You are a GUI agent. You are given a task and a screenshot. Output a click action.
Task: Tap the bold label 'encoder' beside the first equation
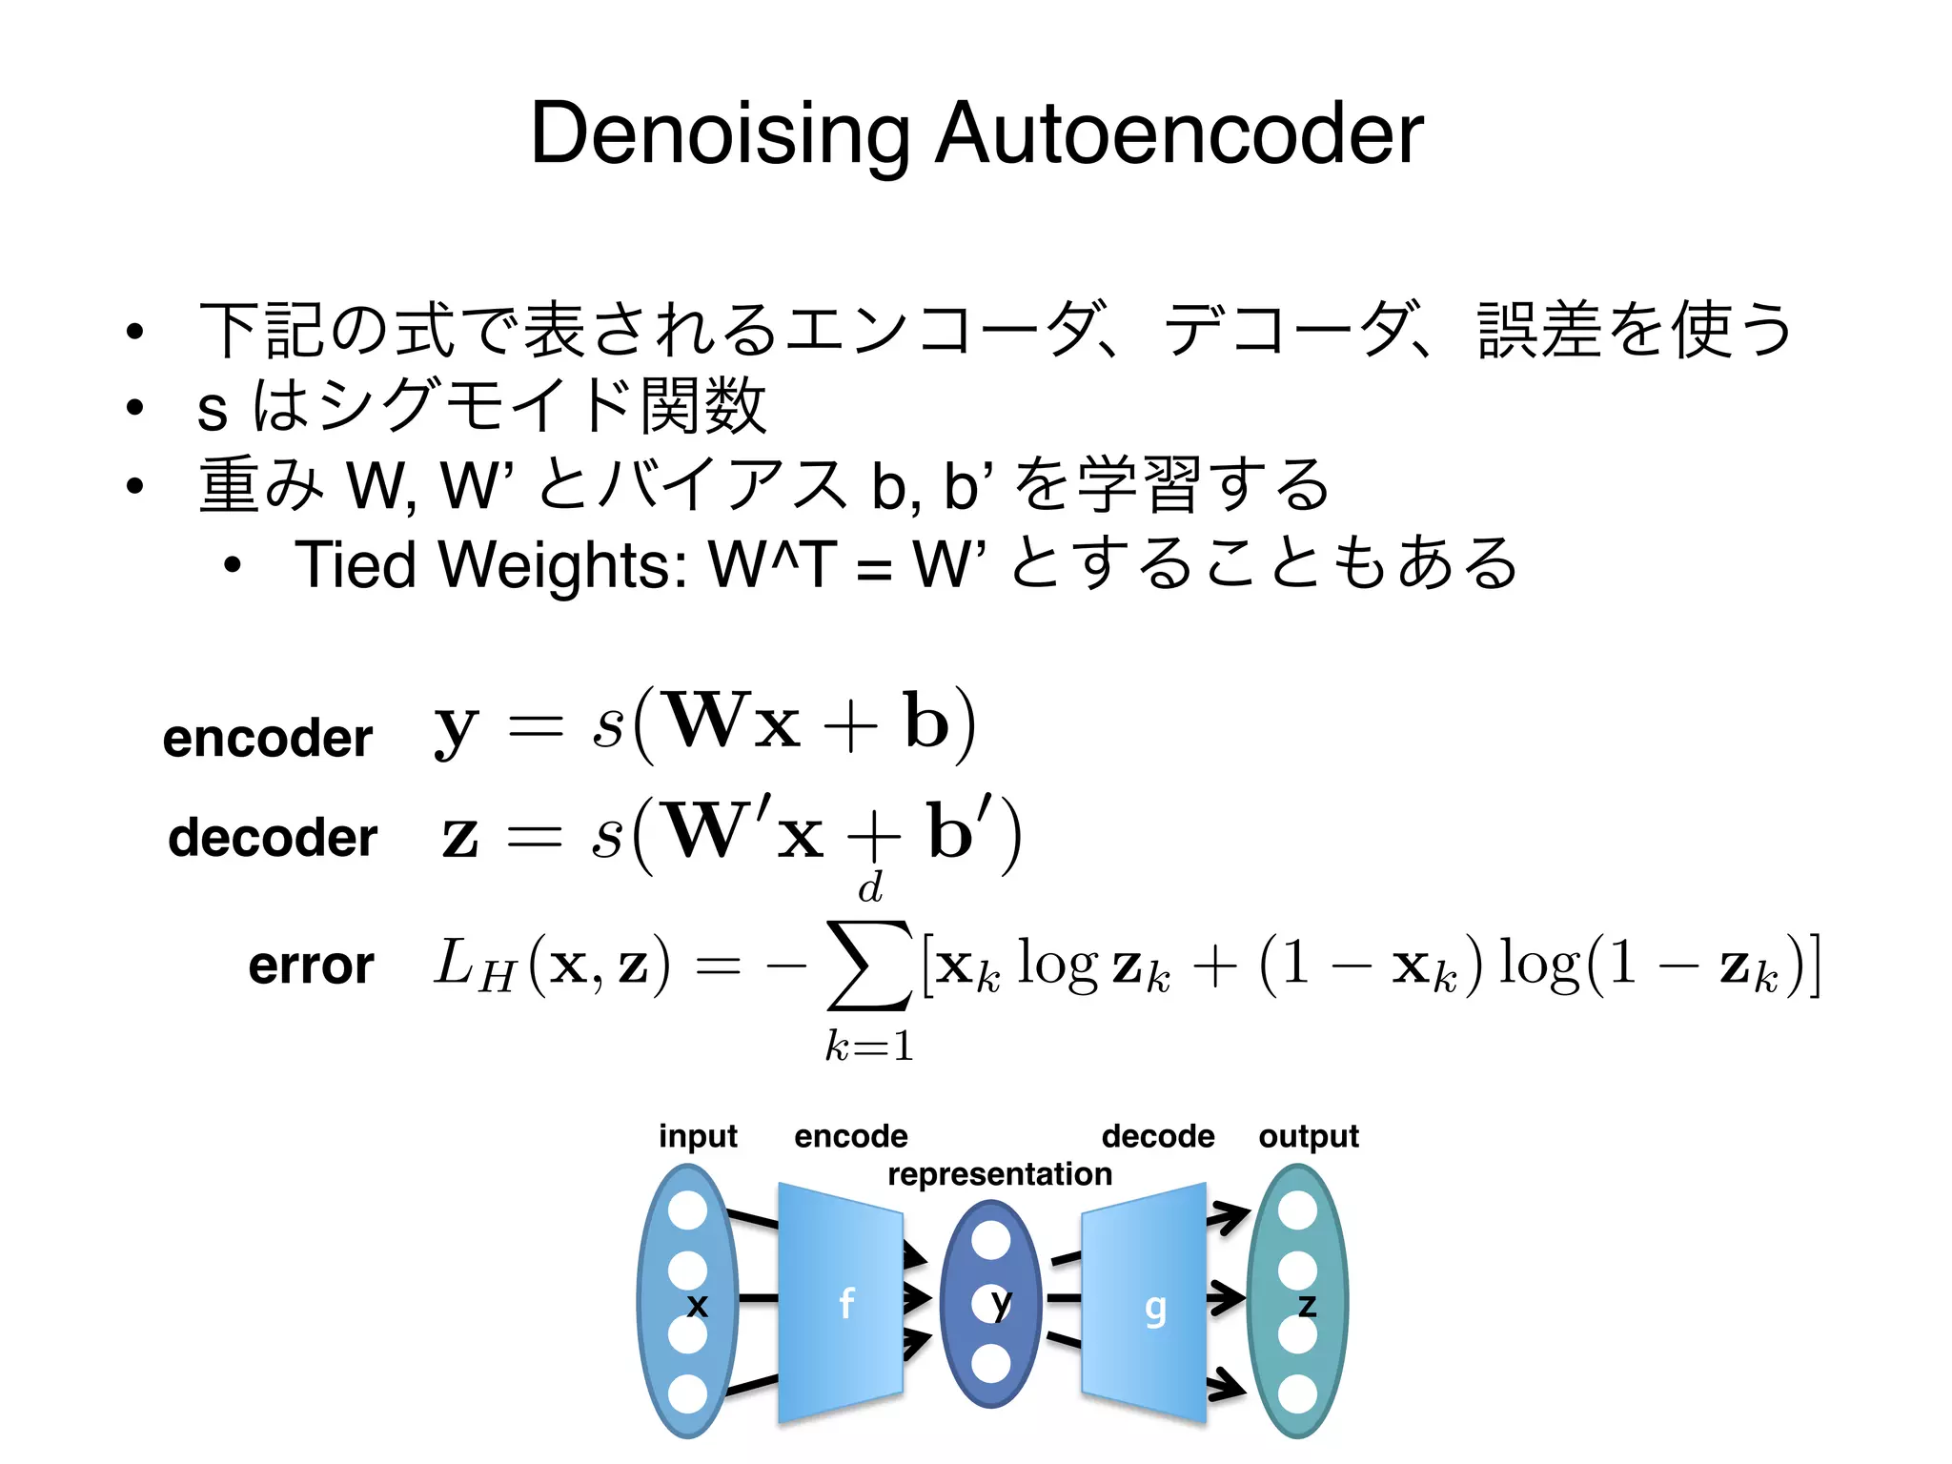click(267, 738)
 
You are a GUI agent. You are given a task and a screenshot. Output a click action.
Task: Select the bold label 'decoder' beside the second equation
click(273, 837)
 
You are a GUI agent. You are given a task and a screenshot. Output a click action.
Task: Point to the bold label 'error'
click(311, 965)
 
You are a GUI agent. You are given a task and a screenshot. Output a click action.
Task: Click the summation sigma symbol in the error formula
click(869, 965)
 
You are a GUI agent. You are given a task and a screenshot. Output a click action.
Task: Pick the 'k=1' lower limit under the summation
click(869, 1047)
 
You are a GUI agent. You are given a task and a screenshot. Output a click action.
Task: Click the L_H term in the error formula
click(475, 965)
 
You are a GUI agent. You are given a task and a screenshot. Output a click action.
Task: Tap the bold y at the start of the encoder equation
click(456, 728)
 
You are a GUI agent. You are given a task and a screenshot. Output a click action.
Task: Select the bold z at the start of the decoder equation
click(459, 836)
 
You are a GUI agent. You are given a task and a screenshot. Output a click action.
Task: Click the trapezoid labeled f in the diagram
click(840, 1302)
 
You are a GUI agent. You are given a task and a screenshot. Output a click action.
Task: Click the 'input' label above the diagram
click(698, 1136)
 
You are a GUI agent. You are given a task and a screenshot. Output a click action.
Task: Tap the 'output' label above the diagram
click(1309, 1136)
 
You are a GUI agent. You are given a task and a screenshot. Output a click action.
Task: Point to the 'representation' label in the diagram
click(1000, 1174)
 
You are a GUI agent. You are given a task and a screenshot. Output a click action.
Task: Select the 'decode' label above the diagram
click(1158, 1136)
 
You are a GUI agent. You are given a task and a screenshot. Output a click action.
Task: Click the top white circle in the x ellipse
click(688, 1210)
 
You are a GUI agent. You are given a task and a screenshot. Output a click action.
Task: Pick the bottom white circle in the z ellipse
click(1297, 1394)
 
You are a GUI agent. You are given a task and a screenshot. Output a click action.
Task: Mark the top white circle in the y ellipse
click(991, 1241)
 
